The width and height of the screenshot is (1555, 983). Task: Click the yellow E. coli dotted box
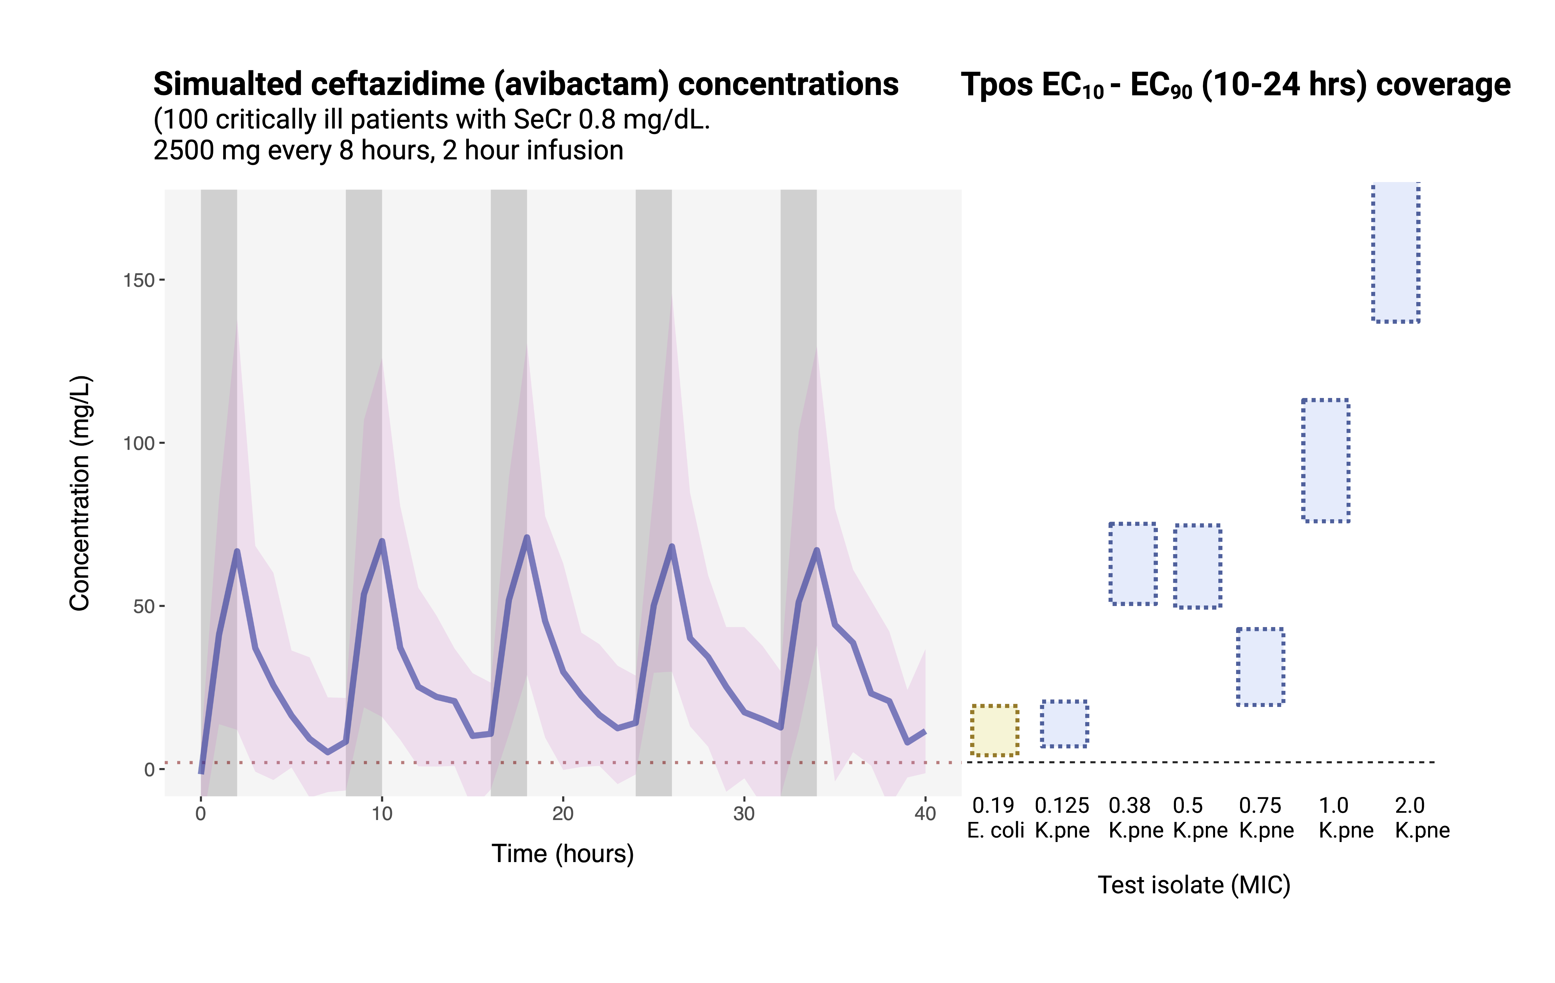994,730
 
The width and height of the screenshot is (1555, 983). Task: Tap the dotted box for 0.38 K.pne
1133,563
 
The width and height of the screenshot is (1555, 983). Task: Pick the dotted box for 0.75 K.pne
1260,667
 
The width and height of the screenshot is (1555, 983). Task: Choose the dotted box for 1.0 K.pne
1325,460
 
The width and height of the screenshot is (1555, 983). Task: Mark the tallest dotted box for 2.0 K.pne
1396,252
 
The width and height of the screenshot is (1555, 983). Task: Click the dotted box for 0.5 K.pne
1197,566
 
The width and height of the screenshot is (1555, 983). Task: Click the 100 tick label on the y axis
139,443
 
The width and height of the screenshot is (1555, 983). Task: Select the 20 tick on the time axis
562,813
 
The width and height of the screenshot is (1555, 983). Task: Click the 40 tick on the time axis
925,813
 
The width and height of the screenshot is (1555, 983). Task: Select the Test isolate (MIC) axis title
1194,885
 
